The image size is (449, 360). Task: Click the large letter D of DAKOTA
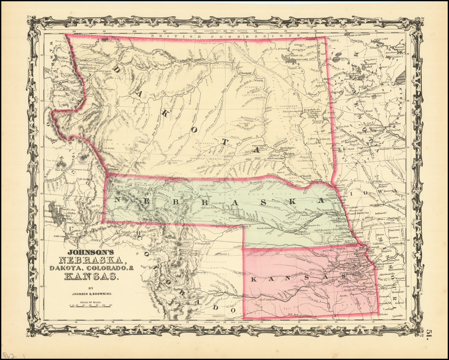tap(117, 70)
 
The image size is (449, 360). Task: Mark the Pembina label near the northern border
tap(311, 39)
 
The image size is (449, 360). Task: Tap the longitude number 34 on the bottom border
tap(76, 322)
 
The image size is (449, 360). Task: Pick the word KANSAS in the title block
tap(91, 276)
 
